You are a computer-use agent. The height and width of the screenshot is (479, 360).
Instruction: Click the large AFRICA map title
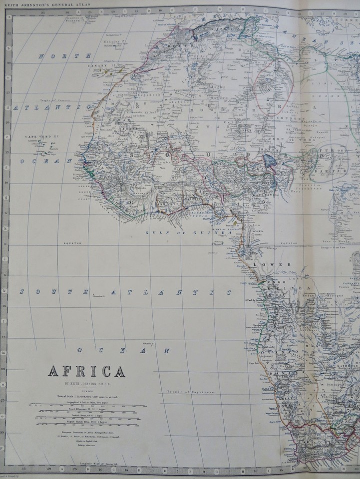(x=86, y=371)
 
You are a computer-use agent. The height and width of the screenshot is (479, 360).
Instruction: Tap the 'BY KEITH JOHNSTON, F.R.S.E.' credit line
(x=86, y=384)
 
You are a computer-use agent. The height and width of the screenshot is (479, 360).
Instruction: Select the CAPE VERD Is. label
(x=39, y=136)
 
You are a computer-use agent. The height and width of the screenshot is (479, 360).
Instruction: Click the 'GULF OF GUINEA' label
(x=189, y=233)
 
